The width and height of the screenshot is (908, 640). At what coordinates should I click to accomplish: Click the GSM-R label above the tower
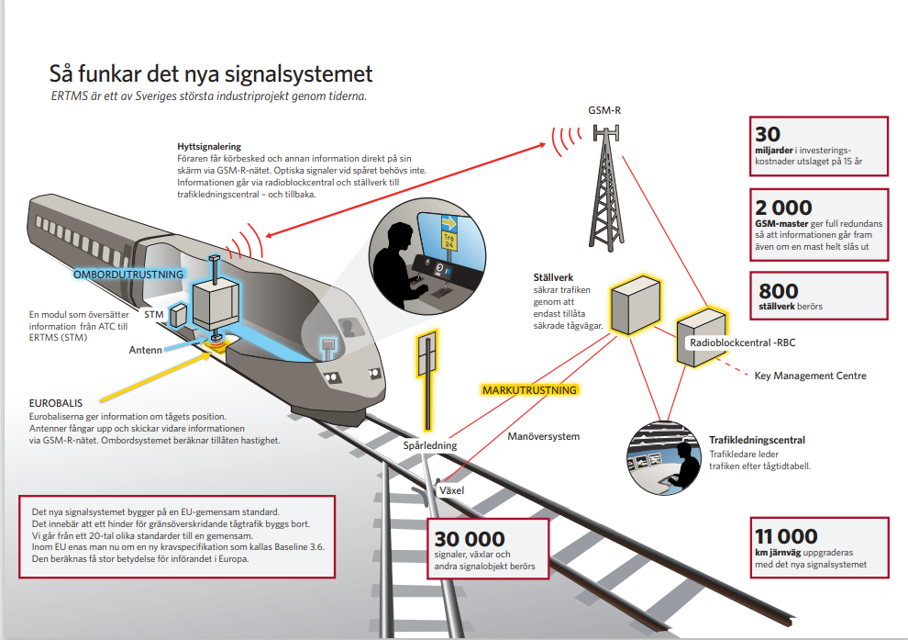(x=605, y=110)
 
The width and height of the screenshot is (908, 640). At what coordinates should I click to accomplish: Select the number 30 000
(x=470, y=539)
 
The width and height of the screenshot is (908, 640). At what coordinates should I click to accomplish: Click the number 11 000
(x=786, y=537)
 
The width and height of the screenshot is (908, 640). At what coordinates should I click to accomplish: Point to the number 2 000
(x=784, y=208)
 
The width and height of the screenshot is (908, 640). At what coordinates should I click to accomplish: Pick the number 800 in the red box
(x=778, y=289)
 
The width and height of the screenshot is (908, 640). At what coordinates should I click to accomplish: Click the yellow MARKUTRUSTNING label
(x=530, y=389)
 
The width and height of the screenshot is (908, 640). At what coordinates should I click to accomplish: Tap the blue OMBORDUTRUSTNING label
(x=128, y=274)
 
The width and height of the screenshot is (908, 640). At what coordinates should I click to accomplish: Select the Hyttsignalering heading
(x=209, y=146)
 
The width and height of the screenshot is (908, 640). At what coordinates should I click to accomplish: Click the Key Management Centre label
(x=810, y=376)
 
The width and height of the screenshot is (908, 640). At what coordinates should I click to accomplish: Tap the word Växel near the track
(x=451, y=490)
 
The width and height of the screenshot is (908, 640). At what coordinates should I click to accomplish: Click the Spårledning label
(x=430, y=446)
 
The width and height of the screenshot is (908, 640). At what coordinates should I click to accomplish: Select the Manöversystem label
(x=544, y=436)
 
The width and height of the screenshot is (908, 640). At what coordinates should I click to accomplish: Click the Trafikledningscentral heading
(x=757, y=440)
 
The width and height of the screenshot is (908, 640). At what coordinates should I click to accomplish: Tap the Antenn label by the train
(x=145, y=349)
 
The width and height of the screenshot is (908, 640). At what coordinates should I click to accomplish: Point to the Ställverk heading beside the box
(x=554, y=276)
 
